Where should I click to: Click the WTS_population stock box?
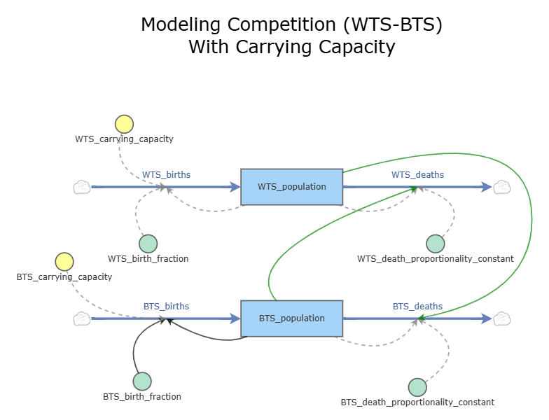(x=291, y=187)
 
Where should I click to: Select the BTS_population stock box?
(x=291, y=318)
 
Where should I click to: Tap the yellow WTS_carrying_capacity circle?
(x=124, y=124)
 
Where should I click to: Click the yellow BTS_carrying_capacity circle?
(x=64, y=262)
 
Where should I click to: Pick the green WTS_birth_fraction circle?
(x=148, y=244)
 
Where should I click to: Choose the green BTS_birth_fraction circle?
(x=142, y=381)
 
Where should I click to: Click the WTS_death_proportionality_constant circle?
(x=436, y=244)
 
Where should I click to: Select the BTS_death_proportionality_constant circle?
(x=417, y=387)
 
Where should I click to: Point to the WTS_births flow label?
(x=167, y=174)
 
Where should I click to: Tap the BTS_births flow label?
(x=167, y=306)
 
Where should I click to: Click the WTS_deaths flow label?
(x=417, y=174)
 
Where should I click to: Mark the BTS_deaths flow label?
(x=417, y=306)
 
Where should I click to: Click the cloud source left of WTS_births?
(x=82, y=187)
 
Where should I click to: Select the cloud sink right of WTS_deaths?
(x=501, y=187)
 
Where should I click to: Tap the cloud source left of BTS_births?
(x=82, y=318)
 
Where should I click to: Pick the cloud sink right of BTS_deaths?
(x=501, y=318)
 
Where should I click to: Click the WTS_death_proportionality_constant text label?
(x=436, y=259)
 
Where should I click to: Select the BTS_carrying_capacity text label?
(x=64, y=277)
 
